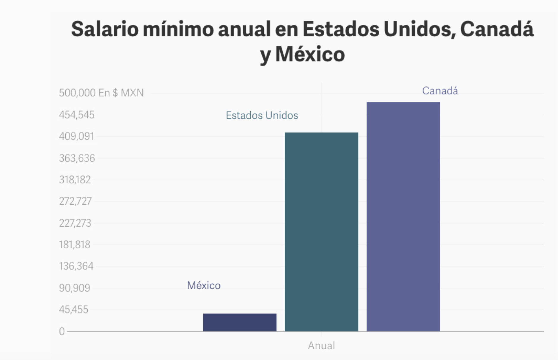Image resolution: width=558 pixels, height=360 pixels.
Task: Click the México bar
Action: tap(240, 322)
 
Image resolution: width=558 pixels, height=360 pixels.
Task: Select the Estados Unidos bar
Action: tap(321, 232)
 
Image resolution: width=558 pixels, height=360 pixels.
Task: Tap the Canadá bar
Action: tap(403, 217)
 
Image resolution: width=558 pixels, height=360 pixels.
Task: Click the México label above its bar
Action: tap(204, 285)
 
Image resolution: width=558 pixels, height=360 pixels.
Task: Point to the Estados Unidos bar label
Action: tap(262, 115)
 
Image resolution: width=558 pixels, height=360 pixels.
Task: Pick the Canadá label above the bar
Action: tap(440, 91)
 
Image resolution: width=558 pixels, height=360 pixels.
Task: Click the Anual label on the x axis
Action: tap(321, 346)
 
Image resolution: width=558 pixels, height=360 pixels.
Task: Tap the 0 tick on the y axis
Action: tap(62, 331)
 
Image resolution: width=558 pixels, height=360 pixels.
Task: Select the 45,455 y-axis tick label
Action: tap(74, 310)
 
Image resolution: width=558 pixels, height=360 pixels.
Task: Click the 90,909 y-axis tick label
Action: tap(75, 288)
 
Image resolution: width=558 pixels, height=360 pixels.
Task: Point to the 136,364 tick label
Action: tap(76, 266)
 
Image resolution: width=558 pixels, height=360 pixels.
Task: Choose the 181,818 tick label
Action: tap(75, 245)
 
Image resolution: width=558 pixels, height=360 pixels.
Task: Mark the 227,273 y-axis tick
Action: tap(75, 223)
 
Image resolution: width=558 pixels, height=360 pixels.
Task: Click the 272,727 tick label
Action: tap(75, 201)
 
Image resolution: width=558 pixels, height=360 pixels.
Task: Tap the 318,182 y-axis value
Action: tap(75, 180)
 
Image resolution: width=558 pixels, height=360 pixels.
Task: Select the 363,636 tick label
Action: tap(77, 158)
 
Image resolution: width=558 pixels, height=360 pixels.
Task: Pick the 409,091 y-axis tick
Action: tap(76, 137)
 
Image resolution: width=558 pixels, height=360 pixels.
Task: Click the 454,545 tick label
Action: tap(76, 115)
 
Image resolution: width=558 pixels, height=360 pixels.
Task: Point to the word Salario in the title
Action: tap(105, 29)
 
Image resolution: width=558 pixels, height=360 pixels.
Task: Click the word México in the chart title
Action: tap(310, 54)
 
